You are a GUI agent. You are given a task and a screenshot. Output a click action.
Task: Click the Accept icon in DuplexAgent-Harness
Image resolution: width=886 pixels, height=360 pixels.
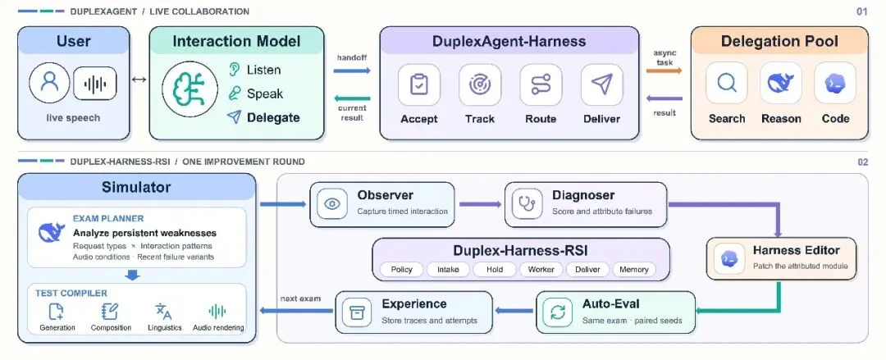[x=419, y=84]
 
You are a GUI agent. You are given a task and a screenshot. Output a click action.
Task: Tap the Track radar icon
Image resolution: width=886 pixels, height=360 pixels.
[x=480, y=84]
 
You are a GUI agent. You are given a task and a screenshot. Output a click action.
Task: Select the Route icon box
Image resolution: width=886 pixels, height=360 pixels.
[x=541, y=84]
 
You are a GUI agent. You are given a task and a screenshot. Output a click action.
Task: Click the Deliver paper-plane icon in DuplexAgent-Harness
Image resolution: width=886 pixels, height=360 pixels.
[x=602, y=84]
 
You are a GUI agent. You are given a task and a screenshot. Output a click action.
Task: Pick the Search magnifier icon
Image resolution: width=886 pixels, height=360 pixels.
[x=727, y=83]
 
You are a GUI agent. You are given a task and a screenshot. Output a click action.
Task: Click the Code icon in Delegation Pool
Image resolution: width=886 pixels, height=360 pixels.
[x=835, y=83]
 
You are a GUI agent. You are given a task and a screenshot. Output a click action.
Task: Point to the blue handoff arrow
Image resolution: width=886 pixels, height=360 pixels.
[x=352, y=71]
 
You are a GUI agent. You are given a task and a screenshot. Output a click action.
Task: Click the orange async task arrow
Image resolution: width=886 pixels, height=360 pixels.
[x=664, y=71]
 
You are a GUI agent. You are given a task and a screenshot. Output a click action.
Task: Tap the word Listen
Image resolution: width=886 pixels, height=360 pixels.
[x=263, y=70]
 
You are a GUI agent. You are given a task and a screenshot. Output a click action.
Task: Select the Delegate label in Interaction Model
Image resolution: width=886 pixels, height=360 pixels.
[x=273, y=117]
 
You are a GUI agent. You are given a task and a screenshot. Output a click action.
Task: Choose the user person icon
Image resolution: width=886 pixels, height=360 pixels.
[x=50, y=83]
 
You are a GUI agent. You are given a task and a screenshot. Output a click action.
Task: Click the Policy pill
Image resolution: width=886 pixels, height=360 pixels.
[x=402, y=270]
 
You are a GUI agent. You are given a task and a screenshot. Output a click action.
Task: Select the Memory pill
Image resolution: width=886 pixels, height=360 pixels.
[x=634, y=270]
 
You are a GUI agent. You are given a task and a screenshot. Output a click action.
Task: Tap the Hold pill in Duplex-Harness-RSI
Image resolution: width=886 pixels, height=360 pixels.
[x=495, y=270]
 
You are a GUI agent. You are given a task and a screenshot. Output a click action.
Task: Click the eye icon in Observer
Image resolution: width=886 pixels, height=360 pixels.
[x=332, y=204]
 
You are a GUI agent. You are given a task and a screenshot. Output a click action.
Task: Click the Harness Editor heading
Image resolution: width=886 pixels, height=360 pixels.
[x=796, y=250]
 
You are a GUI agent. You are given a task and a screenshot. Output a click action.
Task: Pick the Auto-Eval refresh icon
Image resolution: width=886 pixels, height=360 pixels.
[x=558, y=312]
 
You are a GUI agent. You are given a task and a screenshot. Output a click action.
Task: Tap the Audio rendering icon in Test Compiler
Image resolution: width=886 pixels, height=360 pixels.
[x=217, y=311]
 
